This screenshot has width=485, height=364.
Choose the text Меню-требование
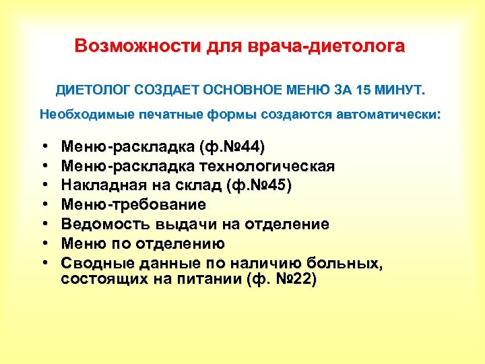pyautogui.click(x=133, y=204)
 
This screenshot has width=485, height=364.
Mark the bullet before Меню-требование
pyautogui.click(x=43, y=205)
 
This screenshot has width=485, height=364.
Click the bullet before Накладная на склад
pyautogui.click(x=43, y=186)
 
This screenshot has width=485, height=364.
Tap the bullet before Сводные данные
pyautogui.click(x=43, y=263)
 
